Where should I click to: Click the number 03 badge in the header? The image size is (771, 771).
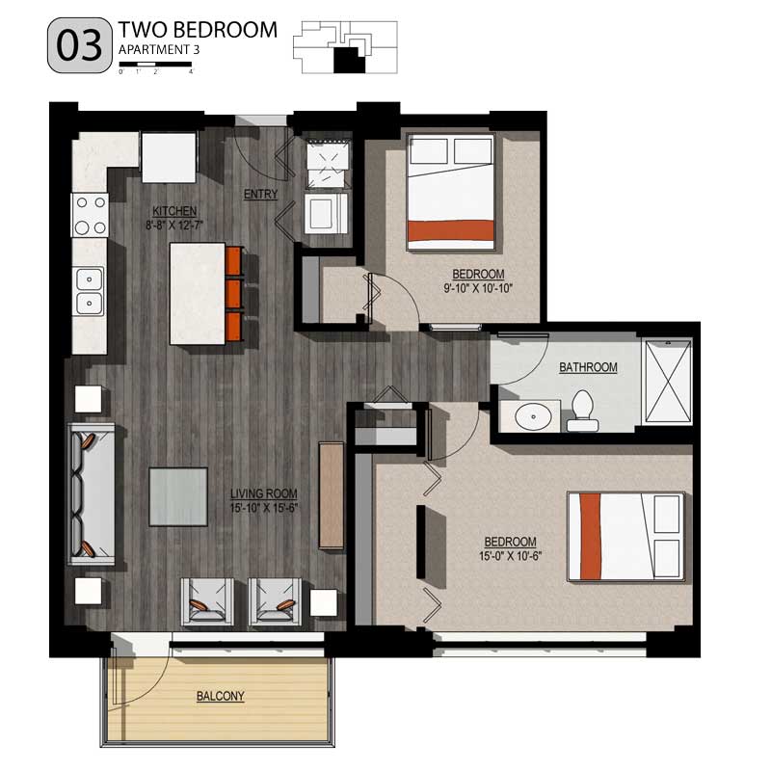click(78, 47)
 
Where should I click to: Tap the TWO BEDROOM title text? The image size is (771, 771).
click(197, 30)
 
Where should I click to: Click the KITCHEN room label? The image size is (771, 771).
click(174, 211)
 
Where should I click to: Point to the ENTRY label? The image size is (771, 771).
click(260, 194)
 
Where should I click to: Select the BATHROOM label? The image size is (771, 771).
click(588, 367)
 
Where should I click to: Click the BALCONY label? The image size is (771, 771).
click(220, 696)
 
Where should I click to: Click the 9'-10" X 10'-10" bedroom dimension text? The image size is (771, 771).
click(478, 288)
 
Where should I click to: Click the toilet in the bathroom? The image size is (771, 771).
click(582, 412)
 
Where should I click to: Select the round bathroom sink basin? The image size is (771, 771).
click(531, 417)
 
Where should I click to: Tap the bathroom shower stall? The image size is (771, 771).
click(666, 381)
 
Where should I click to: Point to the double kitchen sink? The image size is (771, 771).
click(91, 291)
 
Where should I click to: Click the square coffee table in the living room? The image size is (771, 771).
click(178, 496)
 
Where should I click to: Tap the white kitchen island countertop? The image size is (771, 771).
click(198, 294)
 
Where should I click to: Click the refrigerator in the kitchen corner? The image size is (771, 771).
click(170, 156)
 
